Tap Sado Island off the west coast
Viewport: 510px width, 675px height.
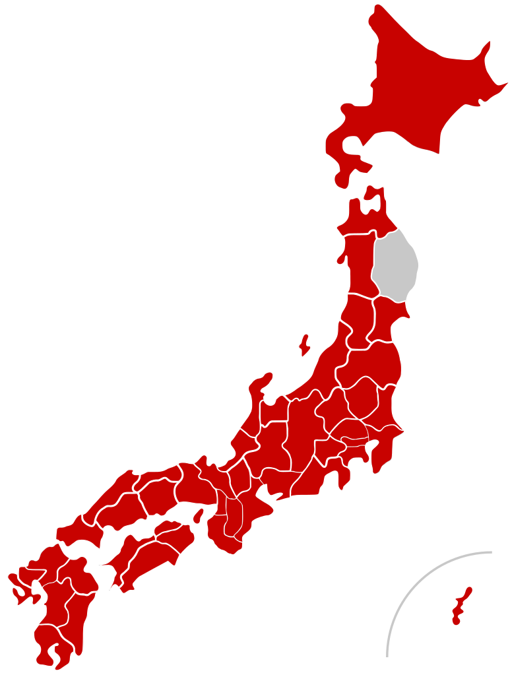point(304,344)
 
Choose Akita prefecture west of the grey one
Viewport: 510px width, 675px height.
point(356,264)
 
